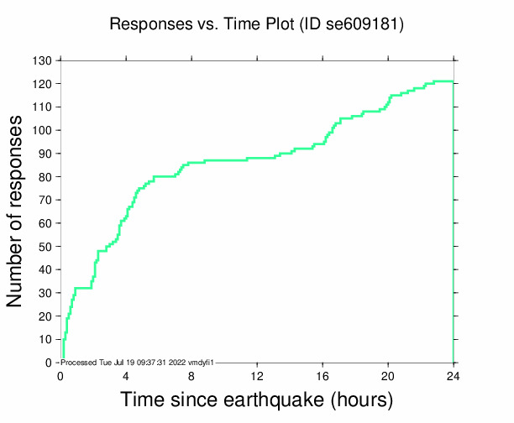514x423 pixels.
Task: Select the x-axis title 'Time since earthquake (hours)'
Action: tap(257, 399)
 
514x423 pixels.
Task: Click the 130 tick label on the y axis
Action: tap(43, 61)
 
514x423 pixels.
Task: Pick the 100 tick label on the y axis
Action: tap(43, 131)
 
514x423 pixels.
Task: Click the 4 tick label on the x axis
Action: tap(126, 376)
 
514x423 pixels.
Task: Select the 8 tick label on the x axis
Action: tap(191, 376)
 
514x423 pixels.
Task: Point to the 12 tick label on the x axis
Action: tap(257, 376)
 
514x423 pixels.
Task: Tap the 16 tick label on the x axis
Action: tap(323, 376)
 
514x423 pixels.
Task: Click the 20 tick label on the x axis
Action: tap(388, 376)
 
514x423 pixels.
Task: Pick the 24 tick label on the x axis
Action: tap(454, 376)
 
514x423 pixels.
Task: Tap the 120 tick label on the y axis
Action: tap(43, 85)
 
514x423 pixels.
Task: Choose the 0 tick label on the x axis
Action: tap(60, 376)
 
